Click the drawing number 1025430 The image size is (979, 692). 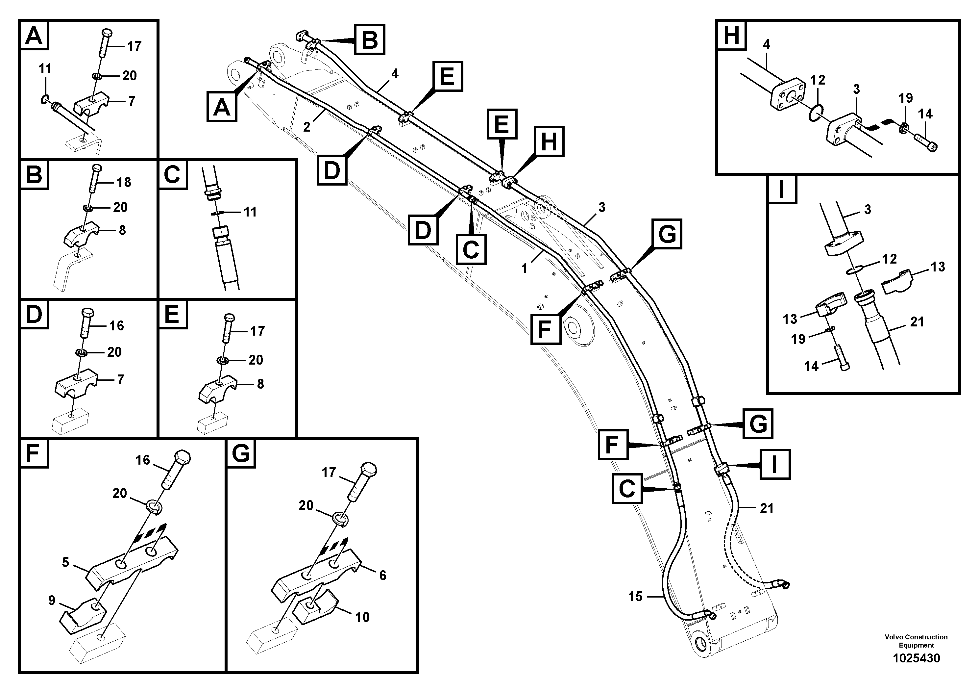(916, 658)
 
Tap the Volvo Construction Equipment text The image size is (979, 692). (916, 641)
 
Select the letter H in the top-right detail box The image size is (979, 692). (731, 36)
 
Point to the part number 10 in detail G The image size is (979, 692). (362, 617)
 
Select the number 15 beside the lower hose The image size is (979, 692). (635, 597)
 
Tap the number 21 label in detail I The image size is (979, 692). (917, 322)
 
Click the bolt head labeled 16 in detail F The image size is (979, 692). (182, 458)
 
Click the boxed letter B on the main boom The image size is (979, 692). (369, 40)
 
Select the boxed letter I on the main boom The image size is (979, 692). (774, 464)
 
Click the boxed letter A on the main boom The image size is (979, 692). (222, 107)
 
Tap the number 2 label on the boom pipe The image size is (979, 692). (306, 127)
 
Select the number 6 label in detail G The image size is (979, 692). (382, 575)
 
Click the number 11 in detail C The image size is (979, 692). (250, 212)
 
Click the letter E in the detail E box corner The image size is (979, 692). (172, 315)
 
